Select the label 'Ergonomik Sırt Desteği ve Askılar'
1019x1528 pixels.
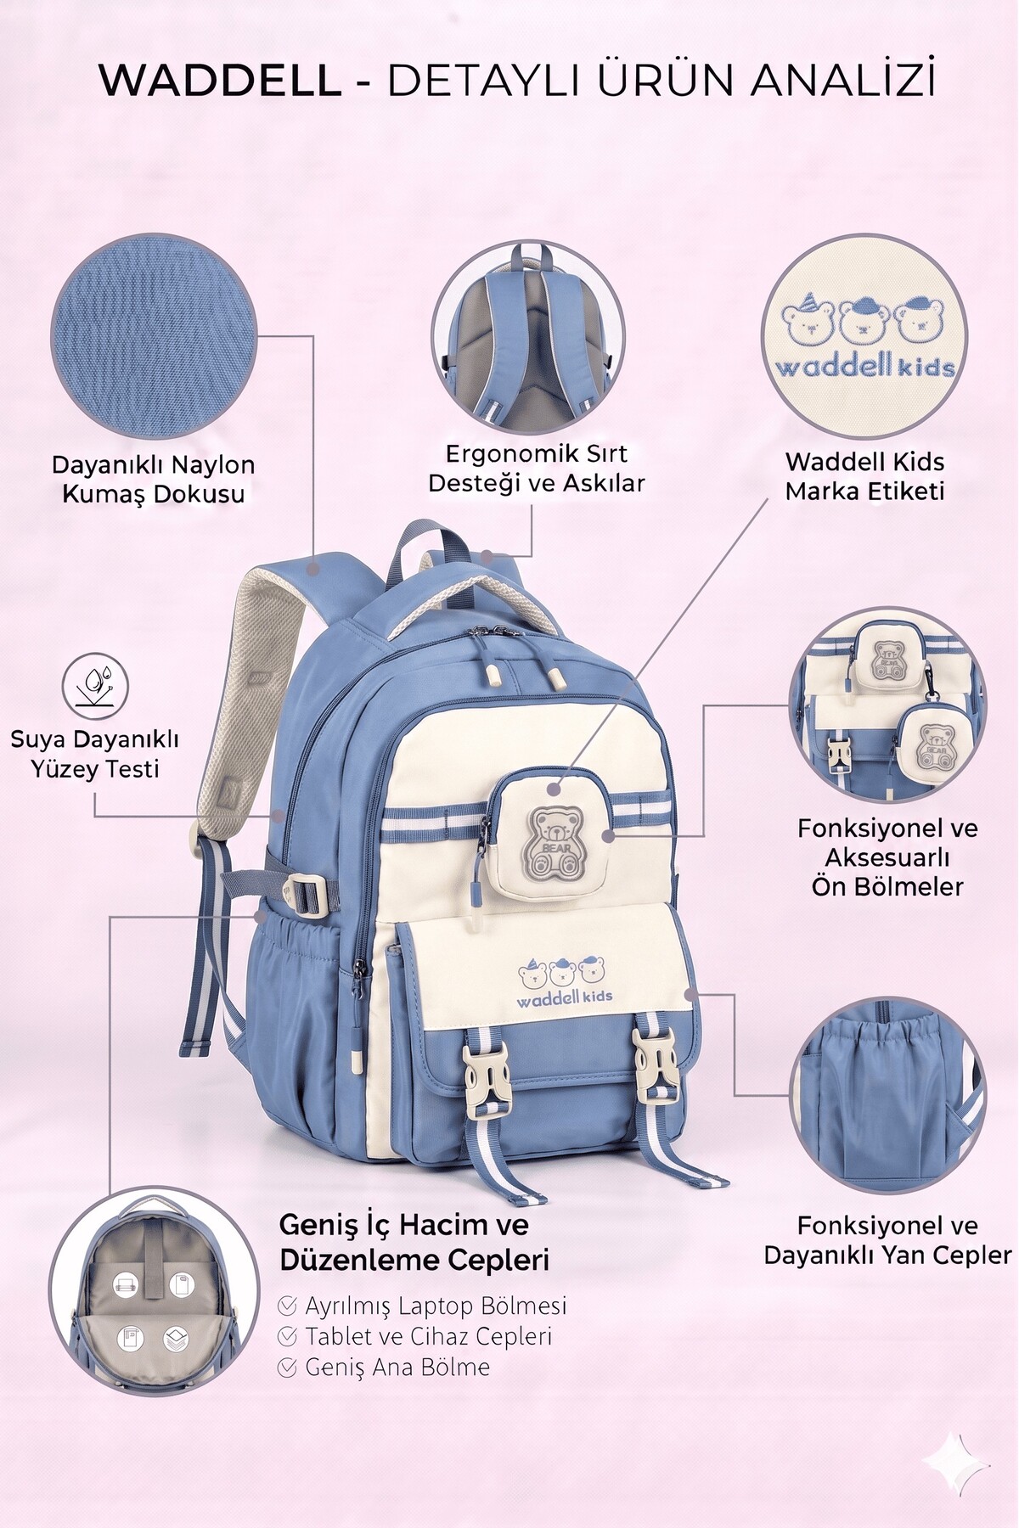(x=537, y=468)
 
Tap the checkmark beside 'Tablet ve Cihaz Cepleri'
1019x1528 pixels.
(x=287, y=1336)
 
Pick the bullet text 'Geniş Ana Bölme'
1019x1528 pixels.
(x=397, y=1367)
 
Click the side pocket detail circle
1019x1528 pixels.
(x=888, y=1094)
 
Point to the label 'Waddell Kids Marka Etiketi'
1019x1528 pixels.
(x=864, y=476)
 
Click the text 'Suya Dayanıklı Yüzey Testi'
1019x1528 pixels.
(x=94, y=753)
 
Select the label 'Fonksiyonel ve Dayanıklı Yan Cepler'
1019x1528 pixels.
(x=887, y=1240)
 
